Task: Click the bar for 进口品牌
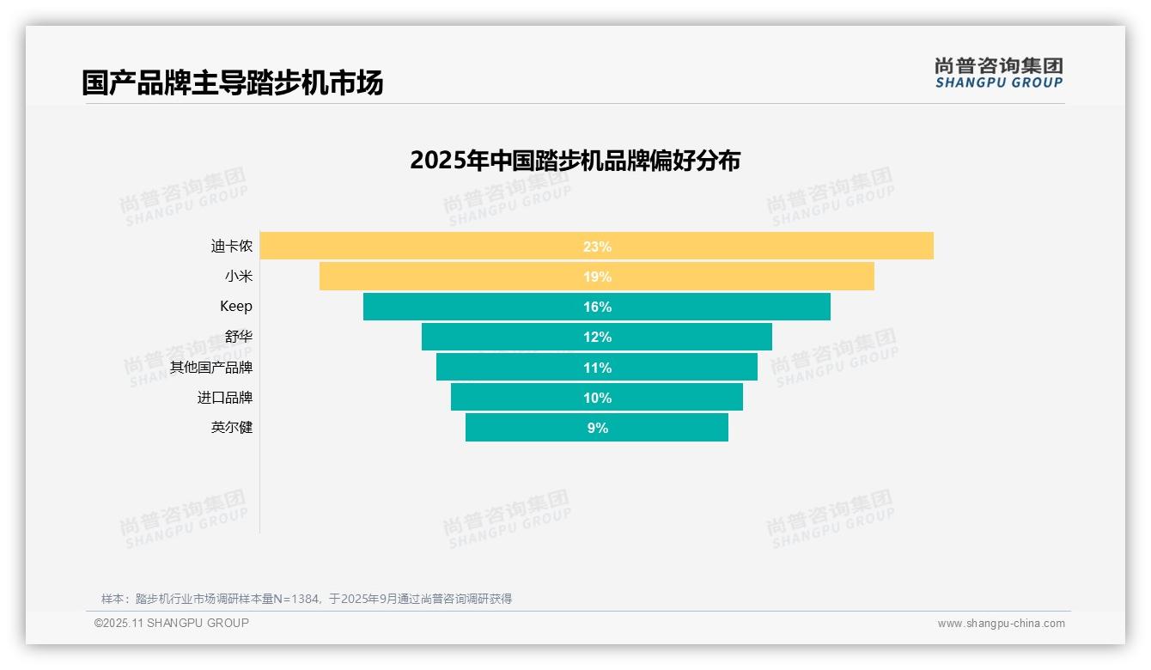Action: coord(515,398)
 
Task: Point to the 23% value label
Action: coord(597,247)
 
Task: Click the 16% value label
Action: coord(597,307)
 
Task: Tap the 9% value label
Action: coord(597,428)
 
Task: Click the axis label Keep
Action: coord(236,307)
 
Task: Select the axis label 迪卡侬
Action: coord(232,247)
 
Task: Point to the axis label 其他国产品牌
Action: coord(211,368)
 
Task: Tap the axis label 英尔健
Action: coord(232,428)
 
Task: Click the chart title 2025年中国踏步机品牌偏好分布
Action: coord(575,161)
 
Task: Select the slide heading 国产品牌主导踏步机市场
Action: coord(232,82)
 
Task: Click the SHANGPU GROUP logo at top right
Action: coord(998,73)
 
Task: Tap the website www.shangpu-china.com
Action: coord(1001,624)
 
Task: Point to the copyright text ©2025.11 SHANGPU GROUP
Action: coord(172,623)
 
